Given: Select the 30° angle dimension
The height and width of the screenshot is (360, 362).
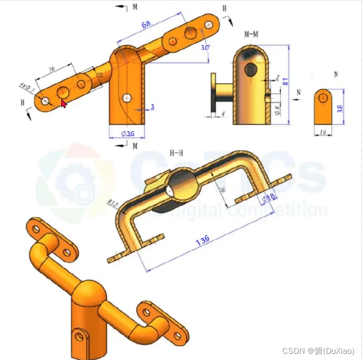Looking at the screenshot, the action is [205, 47].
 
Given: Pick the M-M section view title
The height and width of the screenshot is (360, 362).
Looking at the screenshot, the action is [251, 35].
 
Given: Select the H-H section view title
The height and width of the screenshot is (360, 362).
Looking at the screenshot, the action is [177, 152].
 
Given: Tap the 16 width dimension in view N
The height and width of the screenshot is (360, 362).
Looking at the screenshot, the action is [322, 132].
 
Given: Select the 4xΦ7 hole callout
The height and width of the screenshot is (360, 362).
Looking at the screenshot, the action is [27, 87].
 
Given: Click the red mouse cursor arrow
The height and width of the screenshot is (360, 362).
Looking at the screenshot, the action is [64, 104].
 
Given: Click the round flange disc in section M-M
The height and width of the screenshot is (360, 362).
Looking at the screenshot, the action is [213, 92].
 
